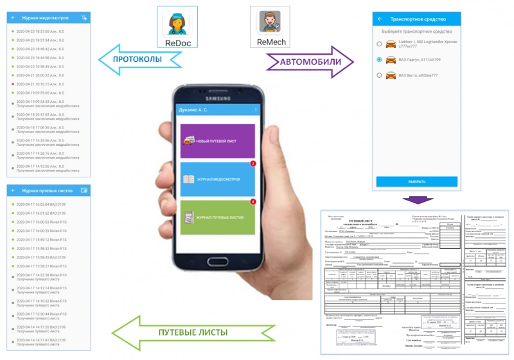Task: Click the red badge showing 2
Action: [x=253, y=163]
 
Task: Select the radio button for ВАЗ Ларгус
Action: [x=380, y=60]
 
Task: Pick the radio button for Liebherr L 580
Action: [x=380, y=44]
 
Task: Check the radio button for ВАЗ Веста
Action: [x=380, y=76]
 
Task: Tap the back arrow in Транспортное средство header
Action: [x=380, y=19]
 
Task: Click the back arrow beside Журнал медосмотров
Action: [x=13, y=17]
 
